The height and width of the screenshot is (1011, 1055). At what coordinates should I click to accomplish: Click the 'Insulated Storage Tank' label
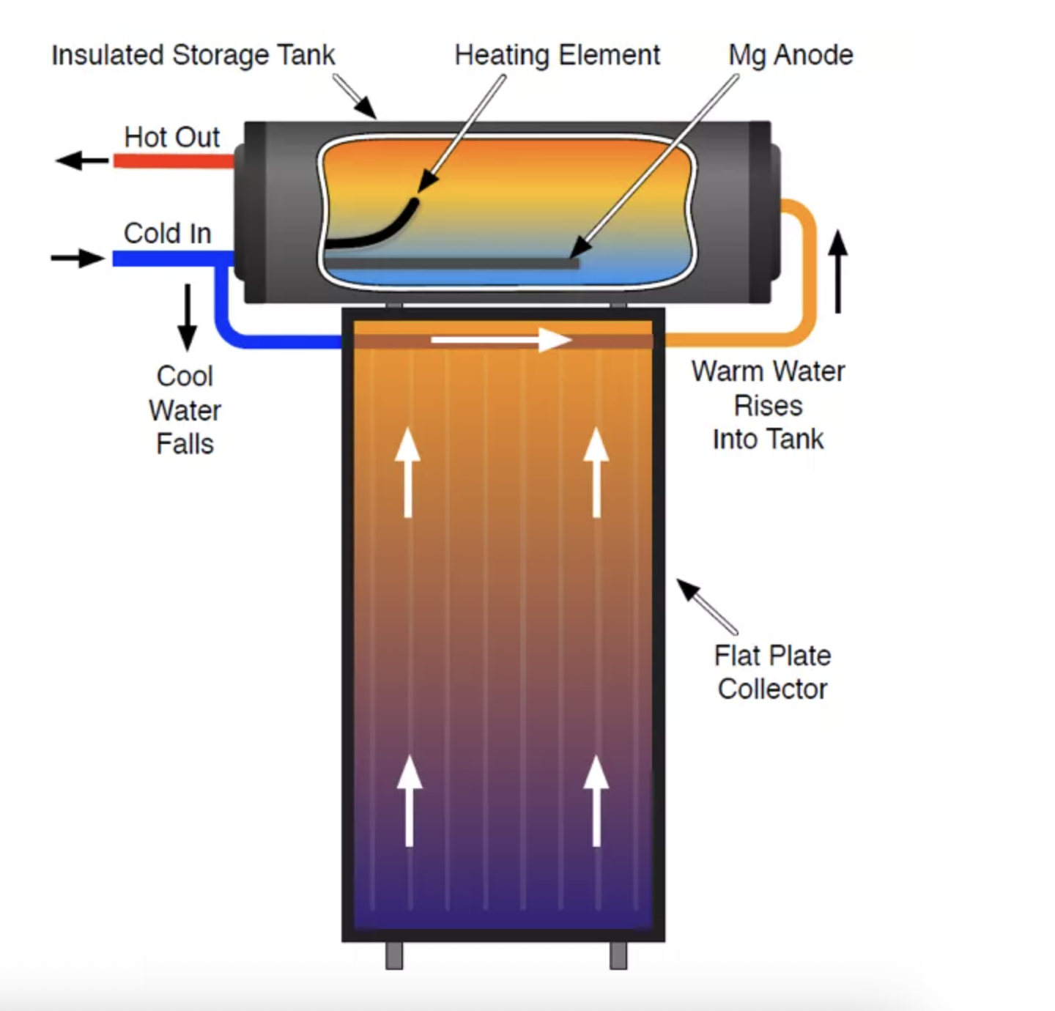tap(193, 56)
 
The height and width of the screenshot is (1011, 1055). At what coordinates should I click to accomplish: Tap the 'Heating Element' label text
tap(557, 56)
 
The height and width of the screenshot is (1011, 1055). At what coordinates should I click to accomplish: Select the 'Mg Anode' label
tap(791, 56)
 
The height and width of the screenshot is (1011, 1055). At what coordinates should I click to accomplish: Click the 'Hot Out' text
tap(171, 137)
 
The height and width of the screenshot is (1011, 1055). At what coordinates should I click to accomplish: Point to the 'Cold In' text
tap(167, 234)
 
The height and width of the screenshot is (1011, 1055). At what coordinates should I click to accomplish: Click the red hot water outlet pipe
tap(173, 160)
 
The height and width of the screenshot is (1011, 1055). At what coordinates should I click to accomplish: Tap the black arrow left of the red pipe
tap(81, 160)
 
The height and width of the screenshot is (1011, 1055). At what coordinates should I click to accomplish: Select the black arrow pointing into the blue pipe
tap(78, 258)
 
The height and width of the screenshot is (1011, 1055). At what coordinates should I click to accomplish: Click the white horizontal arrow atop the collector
tap(501, 340)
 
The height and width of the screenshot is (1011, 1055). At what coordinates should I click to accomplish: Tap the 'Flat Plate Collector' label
tap(772, 673)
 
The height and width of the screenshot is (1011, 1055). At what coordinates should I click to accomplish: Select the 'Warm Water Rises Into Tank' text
tap(768, 405)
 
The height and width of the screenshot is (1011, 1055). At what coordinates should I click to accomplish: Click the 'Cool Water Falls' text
tap(185, 410)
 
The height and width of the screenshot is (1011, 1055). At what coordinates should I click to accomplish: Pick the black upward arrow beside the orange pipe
tap(838, 271)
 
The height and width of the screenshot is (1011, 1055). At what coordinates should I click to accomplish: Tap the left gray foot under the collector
tap(394, 955)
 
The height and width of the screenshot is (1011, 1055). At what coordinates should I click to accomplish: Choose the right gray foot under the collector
tap(618, 955)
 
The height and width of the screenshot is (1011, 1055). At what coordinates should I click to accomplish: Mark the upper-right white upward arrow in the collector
tap(596, 473)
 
